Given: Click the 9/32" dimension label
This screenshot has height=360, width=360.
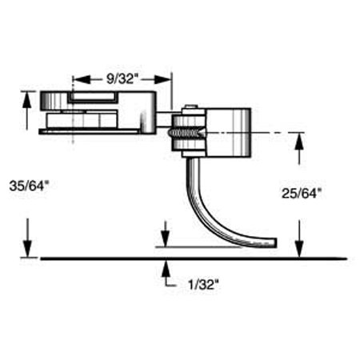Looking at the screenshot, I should (122, 79).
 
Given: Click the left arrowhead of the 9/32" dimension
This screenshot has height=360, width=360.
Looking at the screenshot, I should (77, 79).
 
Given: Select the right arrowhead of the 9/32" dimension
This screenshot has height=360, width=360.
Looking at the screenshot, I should (168, 79).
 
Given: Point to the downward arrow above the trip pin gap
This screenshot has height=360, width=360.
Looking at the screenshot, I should (165, 242).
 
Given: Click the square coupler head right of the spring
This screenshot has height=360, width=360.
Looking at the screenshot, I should (228, 130).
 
